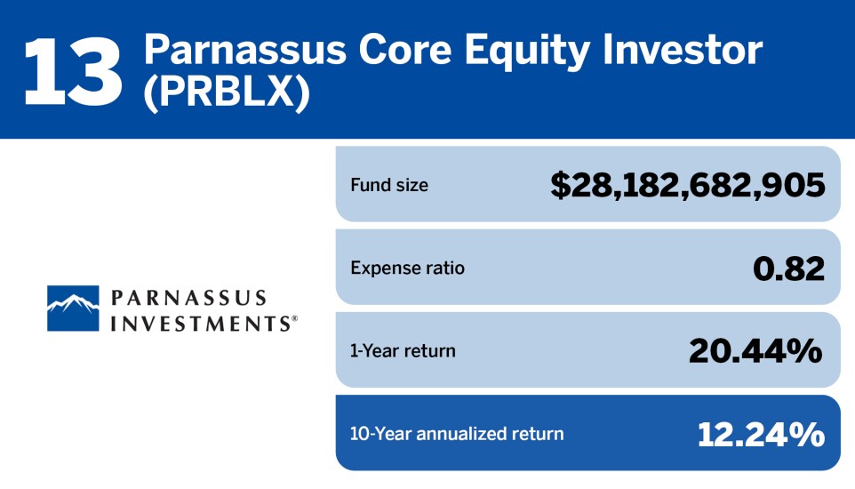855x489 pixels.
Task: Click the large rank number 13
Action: click(x=73, y=70)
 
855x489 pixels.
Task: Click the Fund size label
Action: click(x=388, y=185)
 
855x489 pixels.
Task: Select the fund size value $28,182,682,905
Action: click(x=687, y=185)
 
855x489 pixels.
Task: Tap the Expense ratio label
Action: click(x=407, y=268)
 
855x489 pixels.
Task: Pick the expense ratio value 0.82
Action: click(x=788, y=268)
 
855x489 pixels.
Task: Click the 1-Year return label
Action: click(x=403, y=350)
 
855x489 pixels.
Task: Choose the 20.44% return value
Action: click(x=755, y=350)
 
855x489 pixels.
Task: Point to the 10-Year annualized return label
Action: click(x=457, y=434)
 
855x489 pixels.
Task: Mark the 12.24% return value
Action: click(x=761, y=434)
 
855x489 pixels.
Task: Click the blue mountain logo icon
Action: click(x=73, y=308)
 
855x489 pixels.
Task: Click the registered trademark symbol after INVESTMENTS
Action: click(x=294, y=317)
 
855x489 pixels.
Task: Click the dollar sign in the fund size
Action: click(x=560, y=185)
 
